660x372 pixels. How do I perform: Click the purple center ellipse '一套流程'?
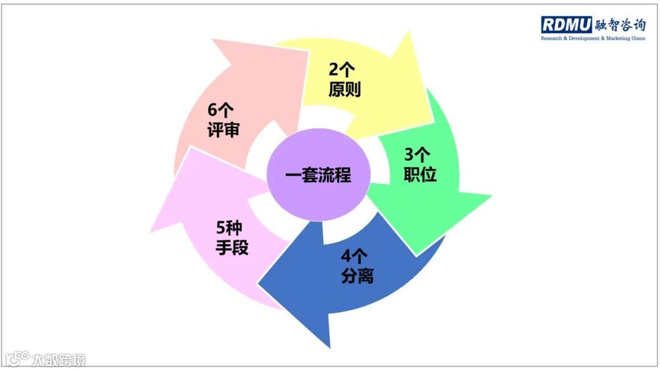point(318,176)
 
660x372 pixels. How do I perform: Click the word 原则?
point(345,90)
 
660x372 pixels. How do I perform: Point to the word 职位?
point(420,175)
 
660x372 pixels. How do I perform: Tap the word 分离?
point(357,277)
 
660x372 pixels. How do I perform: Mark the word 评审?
point(223,130)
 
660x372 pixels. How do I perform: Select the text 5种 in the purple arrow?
point(230,228)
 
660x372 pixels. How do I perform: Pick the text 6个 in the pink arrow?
point(221,110)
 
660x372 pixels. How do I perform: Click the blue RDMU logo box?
point(566,24)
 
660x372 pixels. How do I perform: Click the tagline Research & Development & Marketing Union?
point(593,38)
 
